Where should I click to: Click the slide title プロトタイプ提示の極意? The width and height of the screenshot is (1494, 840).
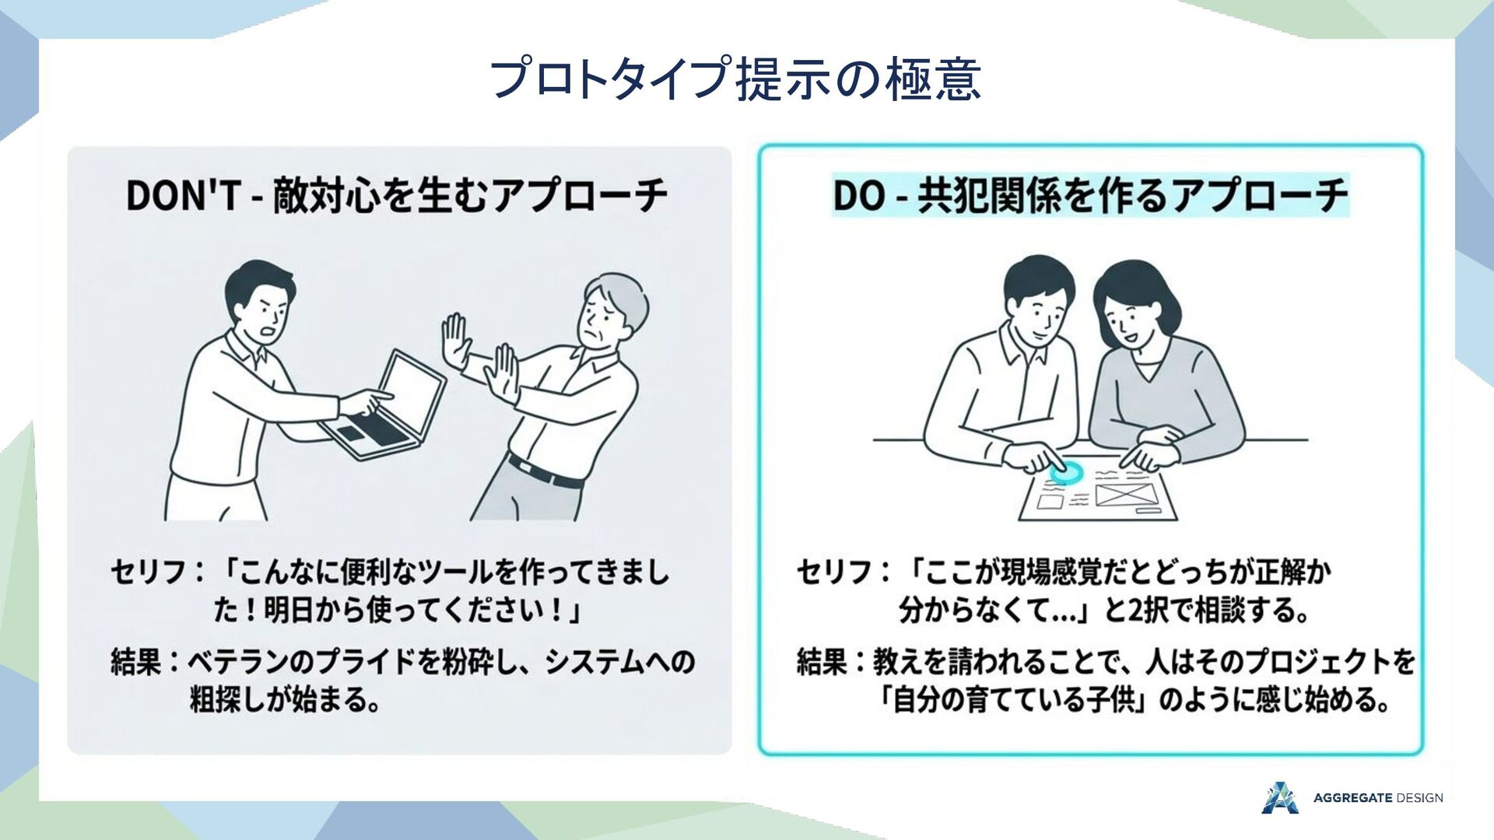point(735,79)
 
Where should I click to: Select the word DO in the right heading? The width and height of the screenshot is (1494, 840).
point(859,195)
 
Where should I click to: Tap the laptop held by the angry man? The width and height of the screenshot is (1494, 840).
point(386,405)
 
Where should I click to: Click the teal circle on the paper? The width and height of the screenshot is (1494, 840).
point(1066,471)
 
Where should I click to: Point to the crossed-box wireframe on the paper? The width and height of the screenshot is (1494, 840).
point(1124,493)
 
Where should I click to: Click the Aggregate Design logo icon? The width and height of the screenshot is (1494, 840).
point(1280,797)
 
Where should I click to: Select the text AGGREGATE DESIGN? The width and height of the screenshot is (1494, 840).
point(1378,798)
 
